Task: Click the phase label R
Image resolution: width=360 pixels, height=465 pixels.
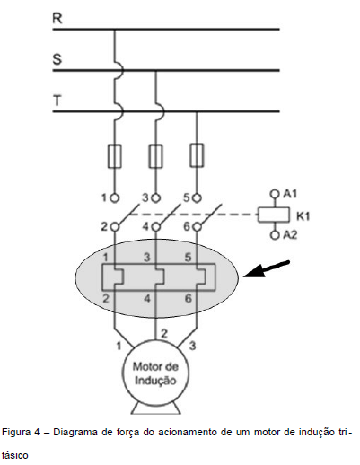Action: [57, 18]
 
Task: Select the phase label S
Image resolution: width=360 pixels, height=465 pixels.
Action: [57, 59]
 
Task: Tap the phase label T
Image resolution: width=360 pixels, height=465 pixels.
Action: [57, 101]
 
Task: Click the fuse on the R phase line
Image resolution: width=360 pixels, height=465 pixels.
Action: [114, 156]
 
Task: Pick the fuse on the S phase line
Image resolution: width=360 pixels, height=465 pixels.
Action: [155, 156]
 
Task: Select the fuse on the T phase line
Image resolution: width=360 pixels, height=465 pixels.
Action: [197, 155]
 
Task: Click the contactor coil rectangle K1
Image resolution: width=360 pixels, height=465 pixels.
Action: [274, 215]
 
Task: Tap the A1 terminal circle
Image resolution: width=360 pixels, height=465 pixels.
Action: [274, 194]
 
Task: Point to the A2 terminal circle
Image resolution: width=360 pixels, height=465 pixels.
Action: [274, 235]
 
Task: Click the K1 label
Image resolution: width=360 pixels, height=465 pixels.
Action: [303, 216]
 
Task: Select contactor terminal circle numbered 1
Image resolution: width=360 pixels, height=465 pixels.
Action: [115, 197]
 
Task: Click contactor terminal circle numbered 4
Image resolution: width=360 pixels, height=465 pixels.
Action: [155, 227]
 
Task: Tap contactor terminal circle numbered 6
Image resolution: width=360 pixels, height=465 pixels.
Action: [197, 227]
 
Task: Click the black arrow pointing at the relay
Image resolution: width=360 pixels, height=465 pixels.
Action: [267, 268]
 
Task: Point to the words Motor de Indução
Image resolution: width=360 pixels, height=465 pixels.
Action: [155, 373]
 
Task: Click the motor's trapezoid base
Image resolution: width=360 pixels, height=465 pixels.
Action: [155, 408]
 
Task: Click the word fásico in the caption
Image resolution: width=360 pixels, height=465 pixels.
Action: [15, 455]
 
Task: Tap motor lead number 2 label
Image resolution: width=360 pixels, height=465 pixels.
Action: [164, 333]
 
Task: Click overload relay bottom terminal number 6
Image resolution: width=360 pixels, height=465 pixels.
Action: [188, 298]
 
